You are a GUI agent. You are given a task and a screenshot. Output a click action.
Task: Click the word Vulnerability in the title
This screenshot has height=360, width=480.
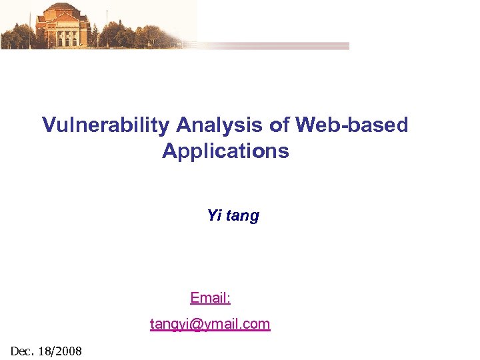[106, 125]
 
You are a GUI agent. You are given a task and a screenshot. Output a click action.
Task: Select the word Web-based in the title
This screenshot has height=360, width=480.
[352, 125]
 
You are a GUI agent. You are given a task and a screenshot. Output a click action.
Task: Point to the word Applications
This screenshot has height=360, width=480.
[225, 151]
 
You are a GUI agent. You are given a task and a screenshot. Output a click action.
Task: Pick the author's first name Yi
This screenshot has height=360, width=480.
[214, 215]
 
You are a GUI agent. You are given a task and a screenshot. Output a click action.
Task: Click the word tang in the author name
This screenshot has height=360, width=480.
[243, 216]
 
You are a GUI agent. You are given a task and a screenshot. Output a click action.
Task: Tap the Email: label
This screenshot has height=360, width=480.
[210, 297]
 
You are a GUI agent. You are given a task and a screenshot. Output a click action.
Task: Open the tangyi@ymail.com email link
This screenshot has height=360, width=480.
[210, 324]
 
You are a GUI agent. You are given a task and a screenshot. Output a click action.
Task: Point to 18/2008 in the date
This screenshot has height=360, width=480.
[60, 350]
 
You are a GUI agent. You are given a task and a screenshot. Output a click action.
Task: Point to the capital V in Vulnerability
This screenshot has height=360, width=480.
[49, 125]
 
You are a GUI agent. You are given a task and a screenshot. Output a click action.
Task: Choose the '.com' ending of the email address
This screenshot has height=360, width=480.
[257, 325]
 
